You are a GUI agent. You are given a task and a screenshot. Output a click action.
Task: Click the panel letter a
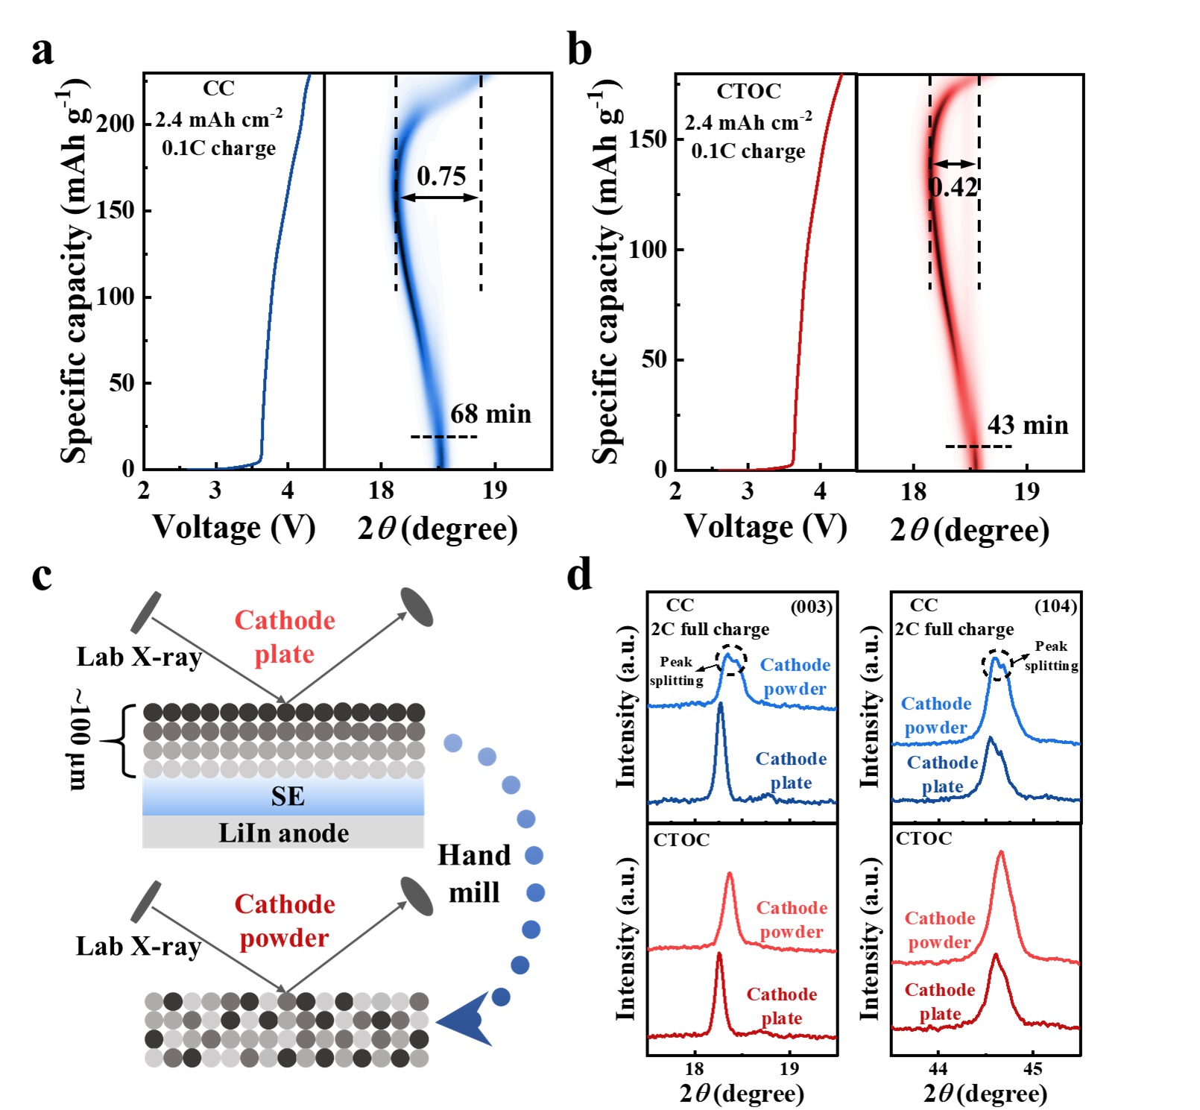pos(42,51)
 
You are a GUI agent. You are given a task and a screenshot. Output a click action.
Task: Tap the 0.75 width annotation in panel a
pos(441,177)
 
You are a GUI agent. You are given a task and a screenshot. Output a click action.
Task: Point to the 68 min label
pos(490,414)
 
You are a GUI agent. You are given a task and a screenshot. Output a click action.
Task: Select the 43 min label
pos(1028,425)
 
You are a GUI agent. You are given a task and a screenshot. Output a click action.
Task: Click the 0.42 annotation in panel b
pos(953,186)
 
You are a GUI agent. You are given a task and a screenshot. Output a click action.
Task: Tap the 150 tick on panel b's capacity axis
pos(648,139)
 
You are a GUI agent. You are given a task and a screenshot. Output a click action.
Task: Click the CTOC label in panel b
pos(748,91)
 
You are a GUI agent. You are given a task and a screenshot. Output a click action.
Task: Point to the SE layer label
pos(288,797)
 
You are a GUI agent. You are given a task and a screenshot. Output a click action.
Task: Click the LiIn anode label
pos(283,833)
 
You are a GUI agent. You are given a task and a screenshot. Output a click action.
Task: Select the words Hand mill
pos(475,874)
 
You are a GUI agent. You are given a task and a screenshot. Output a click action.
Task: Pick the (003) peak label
pos(811,606)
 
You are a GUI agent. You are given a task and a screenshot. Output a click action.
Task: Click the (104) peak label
pos(1055,606)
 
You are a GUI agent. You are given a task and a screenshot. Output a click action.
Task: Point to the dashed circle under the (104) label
pos(997,664)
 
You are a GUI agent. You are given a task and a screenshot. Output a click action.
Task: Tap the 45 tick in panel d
pos(1032,1069)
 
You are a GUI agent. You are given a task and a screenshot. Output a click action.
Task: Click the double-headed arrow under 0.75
pos(438,198)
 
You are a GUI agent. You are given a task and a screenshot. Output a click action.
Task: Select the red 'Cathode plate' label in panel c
pos(285,637)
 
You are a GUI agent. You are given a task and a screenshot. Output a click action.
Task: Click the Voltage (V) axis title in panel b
pos(765,526)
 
